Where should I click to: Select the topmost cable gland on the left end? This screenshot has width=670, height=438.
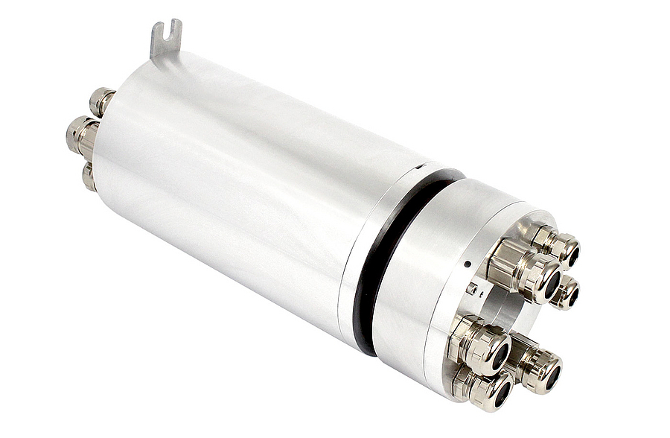101,100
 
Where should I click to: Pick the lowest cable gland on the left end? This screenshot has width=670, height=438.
89,177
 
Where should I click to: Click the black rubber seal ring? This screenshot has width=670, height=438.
383,253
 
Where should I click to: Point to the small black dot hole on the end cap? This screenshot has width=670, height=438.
467,264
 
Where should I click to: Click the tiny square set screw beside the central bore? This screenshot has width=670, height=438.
472,288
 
